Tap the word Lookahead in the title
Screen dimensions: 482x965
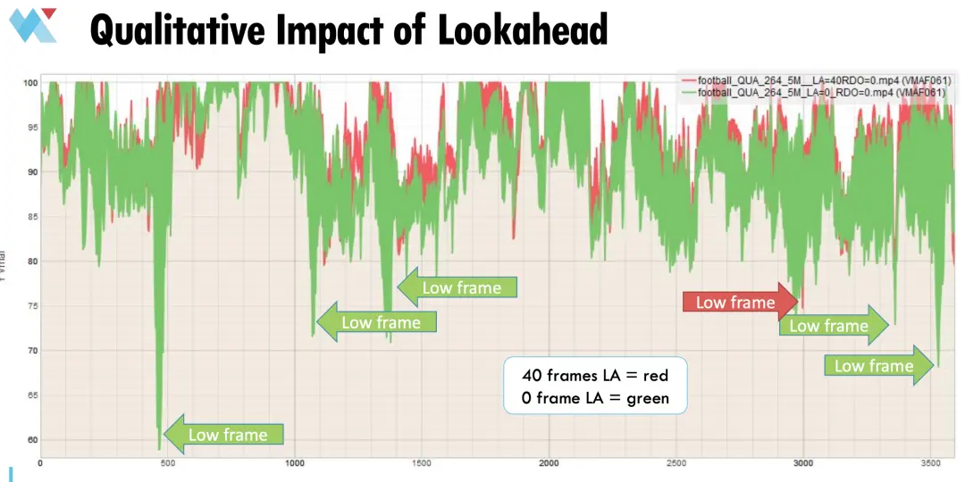(x=523, y=29)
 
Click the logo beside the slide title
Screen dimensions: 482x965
(x=33, y=25)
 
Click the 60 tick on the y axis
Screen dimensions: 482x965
(x=33, y=439)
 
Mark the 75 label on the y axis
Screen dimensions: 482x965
(x=33, y=305)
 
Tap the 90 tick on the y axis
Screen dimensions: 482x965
(x=33, y=171)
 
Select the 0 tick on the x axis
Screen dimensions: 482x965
(x=40, y=463)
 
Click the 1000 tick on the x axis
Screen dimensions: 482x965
(x=295, y=463)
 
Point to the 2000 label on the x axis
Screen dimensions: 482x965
(x=550, y=463)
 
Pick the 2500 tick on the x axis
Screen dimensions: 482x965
(x=676, y=463)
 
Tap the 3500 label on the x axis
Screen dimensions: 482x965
(x=931, y=463)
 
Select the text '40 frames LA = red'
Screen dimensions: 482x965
(x=595, y=376)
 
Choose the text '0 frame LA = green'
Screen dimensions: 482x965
(x=595, y=398)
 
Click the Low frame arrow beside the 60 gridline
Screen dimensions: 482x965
(x=225, y=435)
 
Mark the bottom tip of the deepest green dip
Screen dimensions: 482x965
(x=159, y=449)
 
